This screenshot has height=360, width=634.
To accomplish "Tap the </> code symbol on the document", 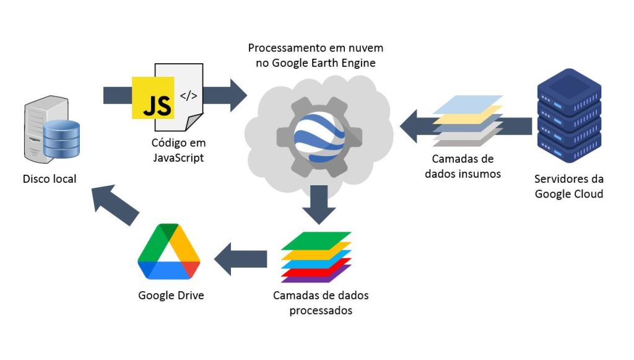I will point(188,96).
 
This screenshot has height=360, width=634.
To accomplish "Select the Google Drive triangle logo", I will point(168,253).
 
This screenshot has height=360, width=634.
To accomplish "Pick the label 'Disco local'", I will point(50,179).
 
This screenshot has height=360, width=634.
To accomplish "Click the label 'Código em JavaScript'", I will point(178,151).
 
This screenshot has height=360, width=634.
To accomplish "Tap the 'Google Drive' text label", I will point(171,295).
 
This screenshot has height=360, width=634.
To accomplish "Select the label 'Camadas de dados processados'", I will point(321,302).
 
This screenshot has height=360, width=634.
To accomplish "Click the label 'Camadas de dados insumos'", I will point(462,166).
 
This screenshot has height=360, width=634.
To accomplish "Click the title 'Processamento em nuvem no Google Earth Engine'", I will point(315,55).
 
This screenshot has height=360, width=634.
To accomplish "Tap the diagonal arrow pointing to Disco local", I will point(114,204).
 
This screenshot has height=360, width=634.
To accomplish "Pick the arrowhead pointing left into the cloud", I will point(410,126).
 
